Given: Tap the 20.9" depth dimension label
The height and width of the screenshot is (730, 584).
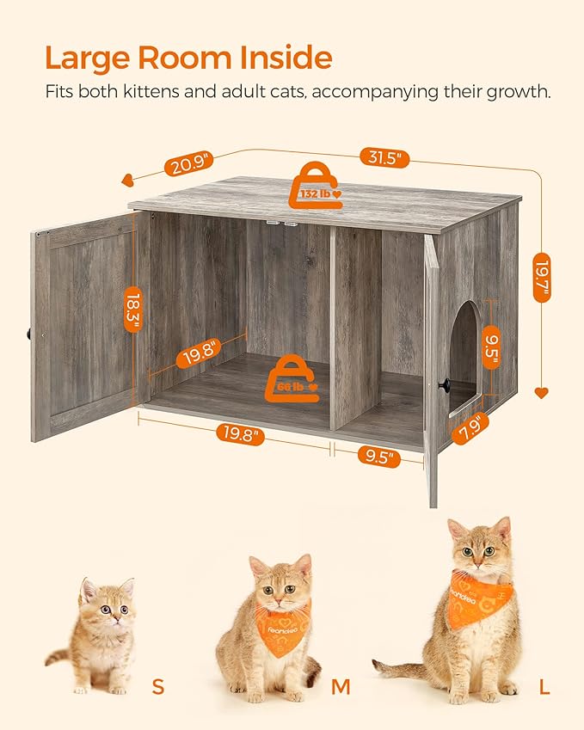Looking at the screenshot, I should (x=187, y=163).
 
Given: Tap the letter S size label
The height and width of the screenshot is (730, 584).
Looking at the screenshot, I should (x=157, y=686).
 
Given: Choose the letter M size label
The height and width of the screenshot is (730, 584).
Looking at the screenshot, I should (x=341, y=686).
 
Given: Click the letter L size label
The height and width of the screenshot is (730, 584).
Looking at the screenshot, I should (x=544, y=686).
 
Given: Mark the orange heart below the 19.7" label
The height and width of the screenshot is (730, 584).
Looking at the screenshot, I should (x=541, y=393).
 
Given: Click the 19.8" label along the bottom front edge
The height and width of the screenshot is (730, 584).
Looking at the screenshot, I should (x=238, y=434).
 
